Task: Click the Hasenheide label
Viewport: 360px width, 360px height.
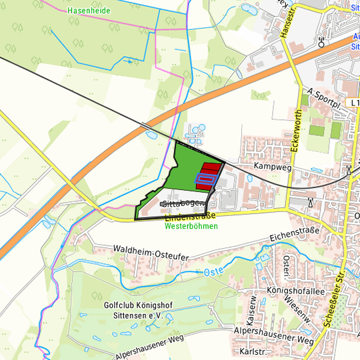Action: click(89, 11)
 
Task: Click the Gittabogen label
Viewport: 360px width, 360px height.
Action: click(179, 202)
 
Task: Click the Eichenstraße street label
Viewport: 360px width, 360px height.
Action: click(295, 234)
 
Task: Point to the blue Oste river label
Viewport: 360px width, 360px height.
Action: click(213, 272)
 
